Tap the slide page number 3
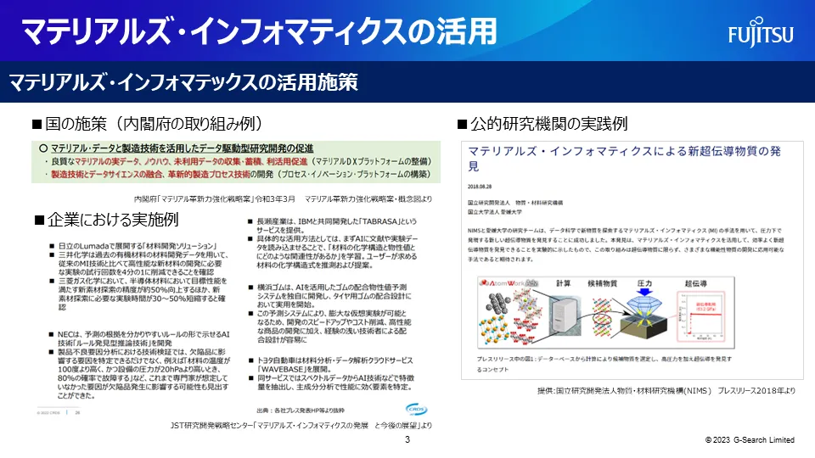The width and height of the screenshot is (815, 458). pos(407,439)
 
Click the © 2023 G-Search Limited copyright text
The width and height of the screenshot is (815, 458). pos(750,440)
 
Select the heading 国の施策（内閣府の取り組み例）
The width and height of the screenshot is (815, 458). pos(152,124)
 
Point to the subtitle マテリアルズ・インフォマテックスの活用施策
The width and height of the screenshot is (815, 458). pos(183,82)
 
